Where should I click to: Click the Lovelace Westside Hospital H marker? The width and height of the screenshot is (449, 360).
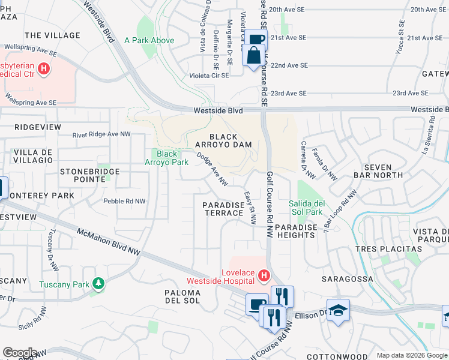click(x=263, y=275)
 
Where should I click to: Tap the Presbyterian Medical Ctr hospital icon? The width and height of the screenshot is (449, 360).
click(x=43, y=69)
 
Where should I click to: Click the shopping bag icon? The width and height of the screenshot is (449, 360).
click(x=253, y=55)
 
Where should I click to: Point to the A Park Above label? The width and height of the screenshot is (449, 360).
click(x=149, y=41)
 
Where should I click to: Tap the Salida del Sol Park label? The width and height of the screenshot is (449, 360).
click(x=306, y=208)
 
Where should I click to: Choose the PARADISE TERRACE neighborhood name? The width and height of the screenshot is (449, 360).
click(x=223, y=209)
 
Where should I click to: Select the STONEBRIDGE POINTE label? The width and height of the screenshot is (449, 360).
click(x=89, y=175)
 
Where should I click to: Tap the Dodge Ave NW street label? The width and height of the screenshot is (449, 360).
click(x=213, y=168)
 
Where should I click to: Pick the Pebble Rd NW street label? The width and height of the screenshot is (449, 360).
click(x=124, y=201)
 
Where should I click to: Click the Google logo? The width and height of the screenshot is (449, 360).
click(x=20, y=352)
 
